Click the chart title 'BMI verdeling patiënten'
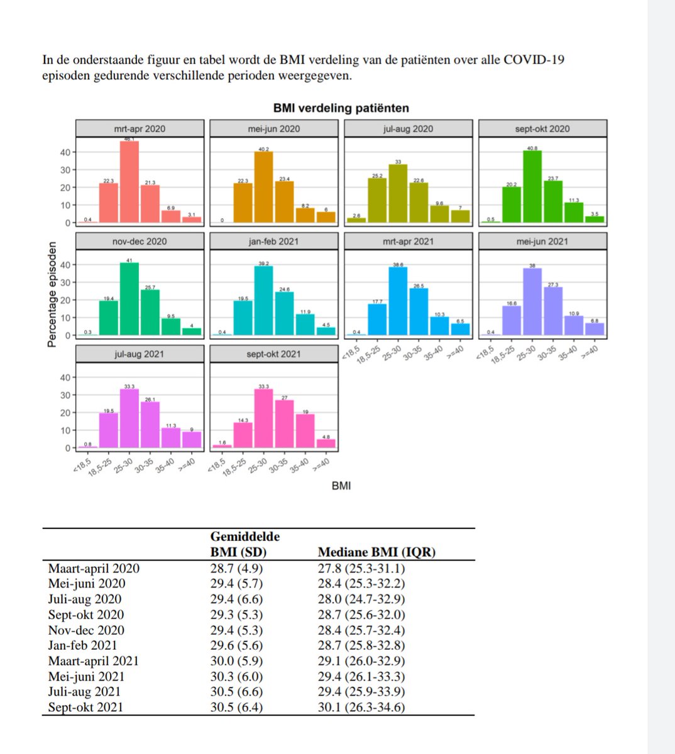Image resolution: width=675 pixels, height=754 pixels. [x=341, y=108]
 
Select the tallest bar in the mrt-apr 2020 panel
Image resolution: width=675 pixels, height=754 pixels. [x=129, y=182]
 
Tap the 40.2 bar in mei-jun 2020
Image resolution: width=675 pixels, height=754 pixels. [x=263, y=187]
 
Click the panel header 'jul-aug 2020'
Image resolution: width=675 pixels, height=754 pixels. [x=408, y=128]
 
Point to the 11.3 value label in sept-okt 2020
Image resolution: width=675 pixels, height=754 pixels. [x=573, y=200]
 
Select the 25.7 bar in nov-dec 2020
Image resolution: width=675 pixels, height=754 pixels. [x=150, y=312]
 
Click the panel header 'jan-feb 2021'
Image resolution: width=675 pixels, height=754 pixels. [x=273, y=241]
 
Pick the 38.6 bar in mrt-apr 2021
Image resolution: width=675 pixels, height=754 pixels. [x=398, y=302]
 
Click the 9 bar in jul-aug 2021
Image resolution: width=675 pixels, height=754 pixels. [x=192, y=440]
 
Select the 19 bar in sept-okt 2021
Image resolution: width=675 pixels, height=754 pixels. [x=305, y=431]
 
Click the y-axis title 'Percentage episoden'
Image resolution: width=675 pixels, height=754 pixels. [x=53, y=294]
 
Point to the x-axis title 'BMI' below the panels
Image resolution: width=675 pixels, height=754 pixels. [x=341, y=486]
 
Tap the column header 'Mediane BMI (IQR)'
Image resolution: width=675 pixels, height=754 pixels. [x=376, y=552]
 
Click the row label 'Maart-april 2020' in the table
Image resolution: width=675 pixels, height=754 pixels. [x=94, y=569]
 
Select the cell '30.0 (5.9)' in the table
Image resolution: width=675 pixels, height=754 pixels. [x=236, y=661]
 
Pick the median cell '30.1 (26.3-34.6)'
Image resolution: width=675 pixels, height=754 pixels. [x=361, y=708]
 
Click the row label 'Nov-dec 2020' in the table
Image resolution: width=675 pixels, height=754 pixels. [x=86, y=630]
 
